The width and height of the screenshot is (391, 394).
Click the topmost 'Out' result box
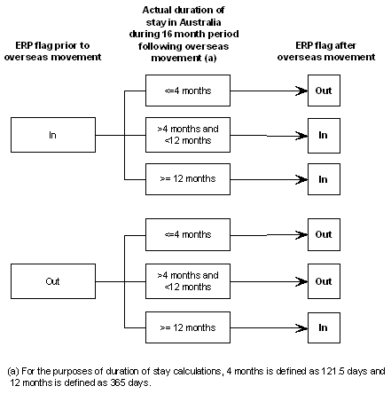point(323,91)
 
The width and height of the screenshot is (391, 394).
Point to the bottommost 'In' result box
point(323,327)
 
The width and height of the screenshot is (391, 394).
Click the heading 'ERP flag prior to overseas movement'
point(52,51)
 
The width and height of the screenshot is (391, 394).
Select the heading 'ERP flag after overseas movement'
point(323,51)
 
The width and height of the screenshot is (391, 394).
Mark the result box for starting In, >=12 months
point(323,178)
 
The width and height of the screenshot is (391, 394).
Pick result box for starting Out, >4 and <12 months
point(323,281)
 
